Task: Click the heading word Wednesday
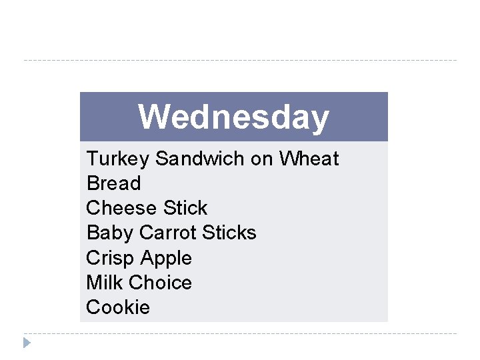tap(233, 117)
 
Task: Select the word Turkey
tap(118, 159)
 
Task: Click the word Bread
tap(113, 183)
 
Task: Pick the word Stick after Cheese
tap(185, 208)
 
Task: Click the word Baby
tap(110, 233)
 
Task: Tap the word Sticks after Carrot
tap(229, 233)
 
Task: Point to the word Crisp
tap(110, 258)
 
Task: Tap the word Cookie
tap(118, 307)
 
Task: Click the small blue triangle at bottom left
tap(27, 343)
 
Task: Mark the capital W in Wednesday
tap(152, 117)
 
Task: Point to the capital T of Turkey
tap(92, 159)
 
